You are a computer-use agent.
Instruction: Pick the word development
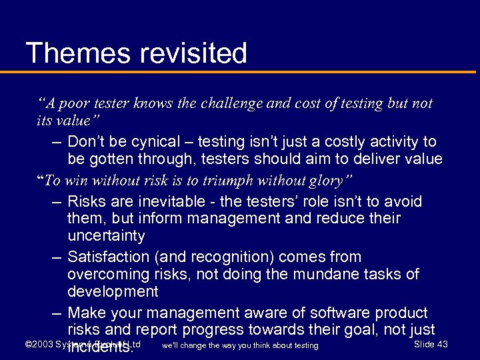[113, 291]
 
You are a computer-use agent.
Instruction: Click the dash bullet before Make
[56, 313]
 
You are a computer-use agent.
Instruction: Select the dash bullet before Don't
[56, 142]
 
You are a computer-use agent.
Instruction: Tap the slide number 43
[440, 344]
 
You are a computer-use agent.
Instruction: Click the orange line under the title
[240, 71]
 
